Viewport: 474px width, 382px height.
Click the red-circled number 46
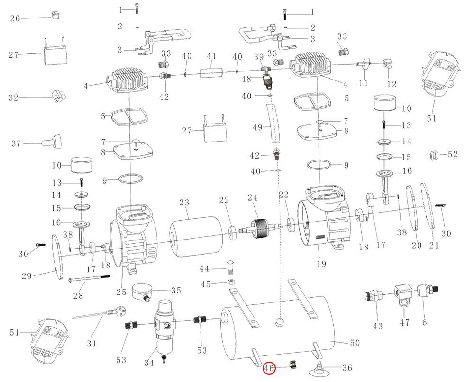click(270, 368)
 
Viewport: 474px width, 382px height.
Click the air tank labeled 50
click(280, 331)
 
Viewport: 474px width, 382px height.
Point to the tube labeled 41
click(211, 74)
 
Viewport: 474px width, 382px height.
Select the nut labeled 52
click(432, 155)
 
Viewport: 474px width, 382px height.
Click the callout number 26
click(15, 18)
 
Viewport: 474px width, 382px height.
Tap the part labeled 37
click(55, 141)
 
